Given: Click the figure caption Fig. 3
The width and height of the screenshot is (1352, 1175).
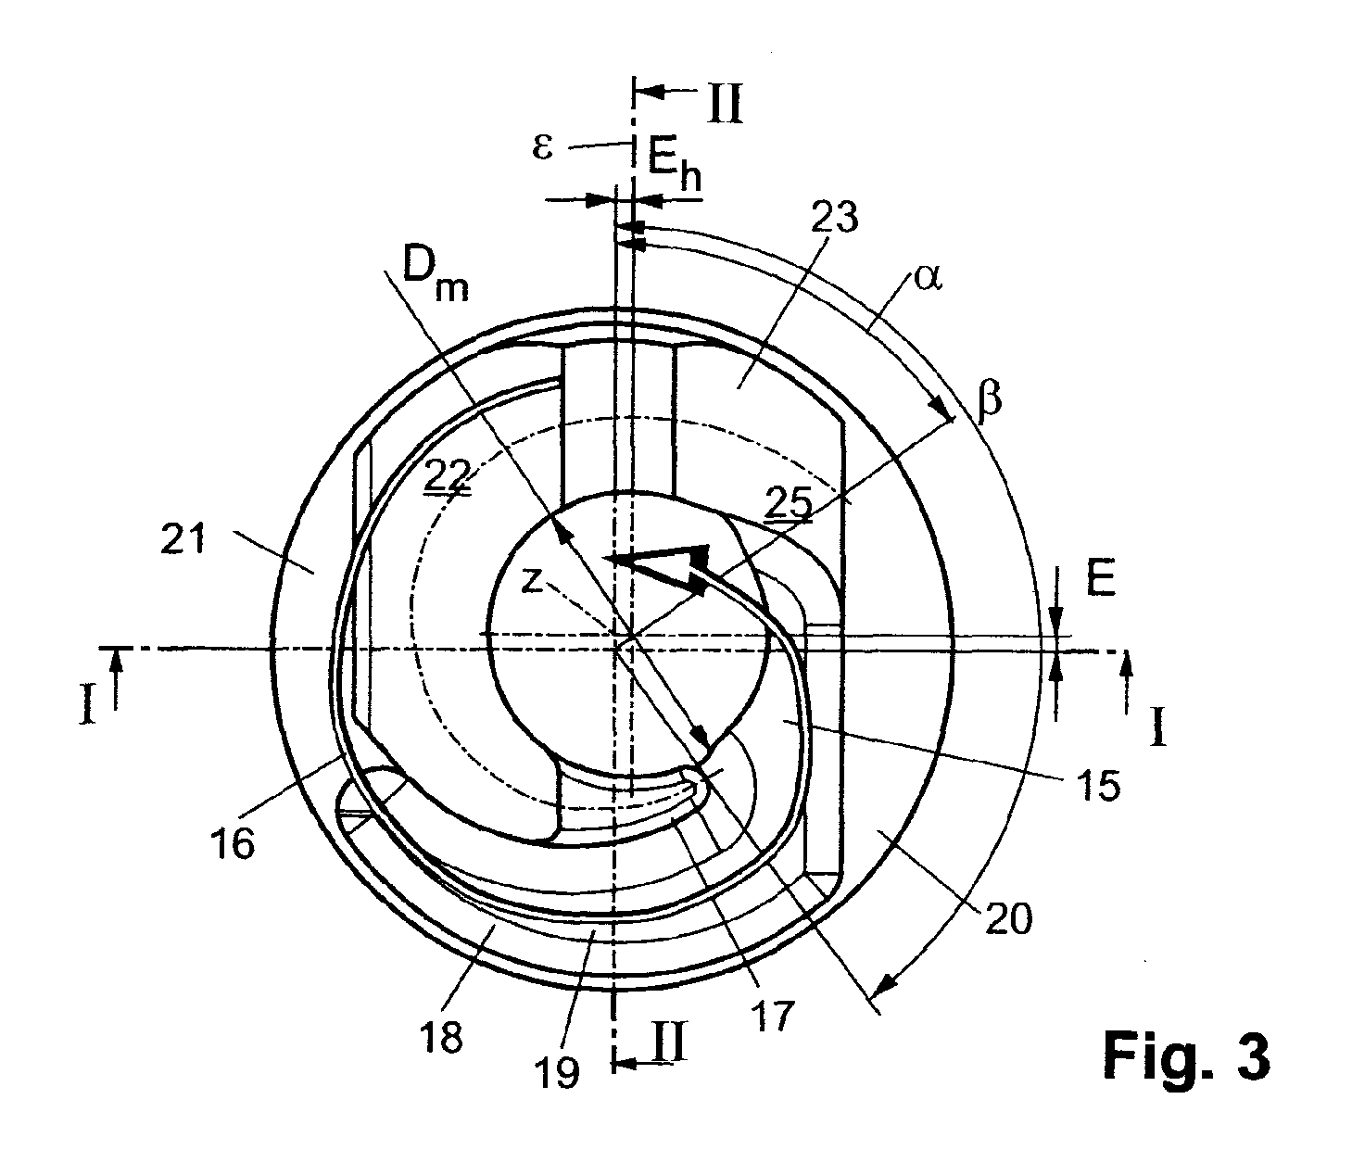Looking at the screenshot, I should [x=1185, y=1057].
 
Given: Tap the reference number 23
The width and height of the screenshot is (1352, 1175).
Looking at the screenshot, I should [x=833, y=219].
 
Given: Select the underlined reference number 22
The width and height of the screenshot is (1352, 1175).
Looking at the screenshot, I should [x=448, y=475].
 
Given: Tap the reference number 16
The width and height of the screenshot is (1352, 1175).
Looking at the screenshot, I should [x=231, y=843].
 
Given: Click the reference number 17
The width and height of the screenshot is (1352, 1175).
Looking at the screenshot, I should [x=772, y=1017].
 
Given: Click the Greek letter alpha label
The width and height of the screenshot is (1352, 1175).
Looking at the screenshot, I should [x=927, y=277].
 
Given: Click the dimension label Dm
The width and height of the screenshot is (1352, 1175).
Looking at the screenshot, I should [x=435, y=275].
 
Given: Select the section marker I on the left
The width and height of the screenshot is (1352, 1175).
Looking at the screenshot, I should [x=87, y=705].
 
